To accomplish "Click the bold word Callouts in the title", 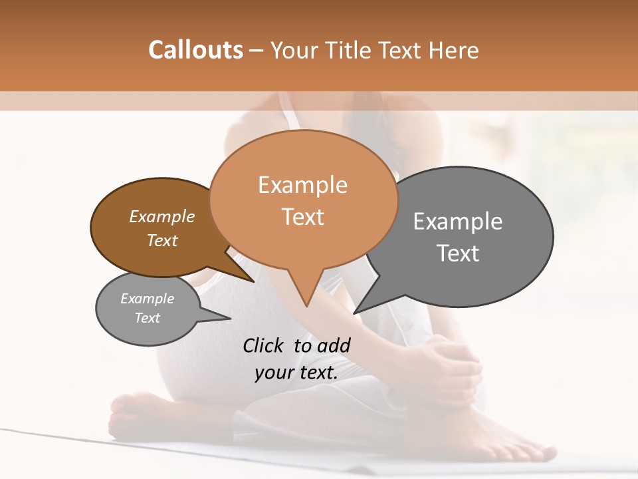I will coord(195,50).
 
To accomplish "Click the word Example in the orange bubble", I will coord(302,185).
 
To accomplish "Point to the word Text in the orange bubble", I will coord(302,217).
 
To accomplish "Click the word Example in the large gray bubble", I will coord(458,222).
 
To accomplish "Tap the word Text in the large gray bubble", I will coord(458,253).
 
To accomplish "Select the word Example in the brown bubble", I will coord(161,217).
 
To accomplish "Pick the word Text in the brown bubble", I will coord(161,240).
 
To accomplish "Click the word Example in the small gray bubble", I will coord(147,299).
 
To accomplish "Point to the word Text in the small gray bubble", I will coord(147,318).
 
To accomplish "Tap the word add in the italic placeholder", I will coord(334,345).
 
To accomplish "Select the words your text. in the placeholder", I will coord(296,373).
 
